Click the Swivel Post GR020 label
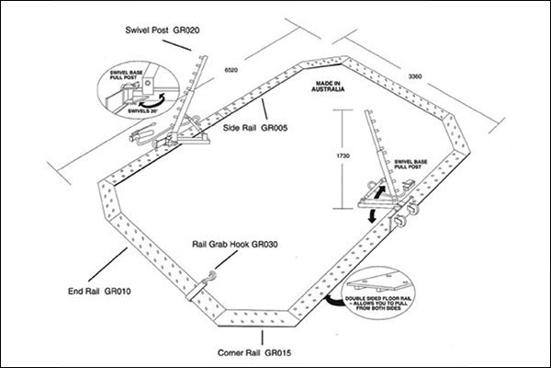pyautogui.click(x=163, y=30)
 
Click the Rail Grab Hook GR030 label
pyautogui.click(x=235, y=244)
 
